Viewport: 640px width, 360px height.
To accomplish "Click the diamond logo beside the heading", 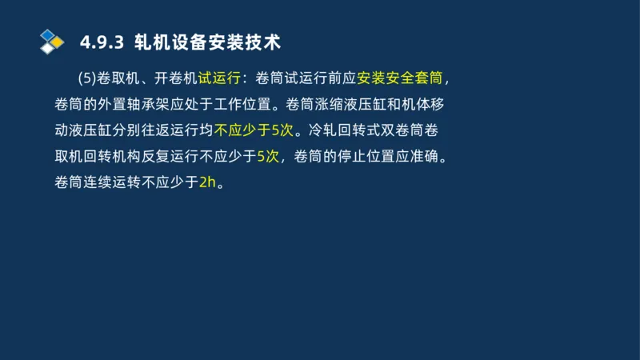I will click(51, 41).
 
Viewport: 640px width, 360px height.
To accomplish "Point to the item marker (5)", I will click(87, 78).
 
